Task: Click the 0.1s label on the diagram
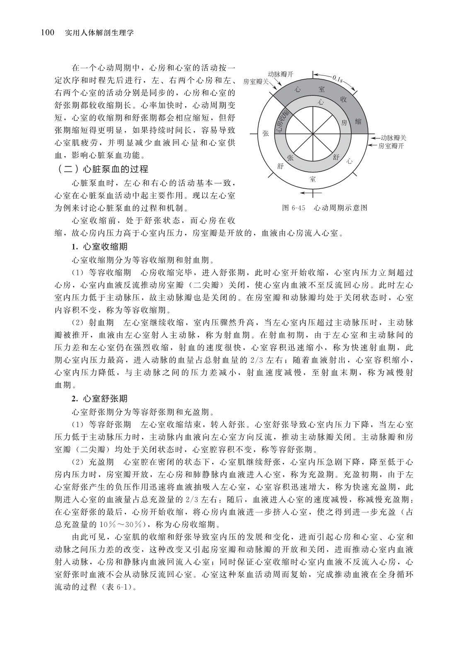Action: click(x=336, y=78)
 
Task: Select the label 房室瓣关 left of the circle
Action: click(x=256, y=81)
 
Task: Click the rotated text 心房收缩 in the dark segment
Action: click(x=283, y=120)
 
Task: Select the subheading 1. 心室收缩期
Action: click(x=99, y=247)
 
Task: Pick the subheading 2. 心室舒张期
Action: click(x=99, y=399)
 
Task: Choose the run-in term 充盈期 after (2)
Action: click(x=102, y=462)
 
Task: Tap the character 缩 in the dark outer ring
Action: click(x=358, y=121)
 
